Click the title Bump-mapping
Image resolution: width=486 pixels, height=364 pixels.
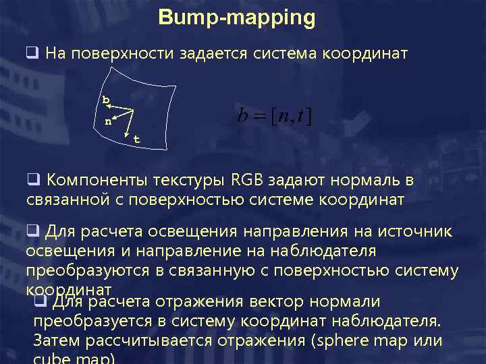(x=237, y=18)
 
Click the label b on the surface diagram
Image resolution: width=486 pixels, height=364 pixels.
(x=105, y=100)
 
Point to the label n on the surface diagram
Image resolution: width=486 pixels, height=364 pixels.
(x=108, y=122)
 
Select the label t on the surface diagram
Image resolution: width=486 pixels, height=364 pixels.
(x=136, y=140)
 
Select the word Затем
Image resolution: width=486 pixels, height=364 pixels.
(x=55, y=340)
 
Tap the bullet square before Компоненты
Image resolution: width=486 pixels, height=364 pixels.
(x=32, y=181)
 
